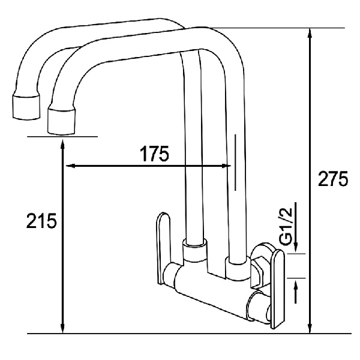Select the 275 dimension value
(331, 179)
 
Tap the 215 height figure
(41, 221)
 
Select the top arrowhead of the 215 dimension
(63, 143)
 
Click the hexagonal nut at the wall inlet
(259, 268)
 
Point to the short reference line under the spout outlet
(63, 137)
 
